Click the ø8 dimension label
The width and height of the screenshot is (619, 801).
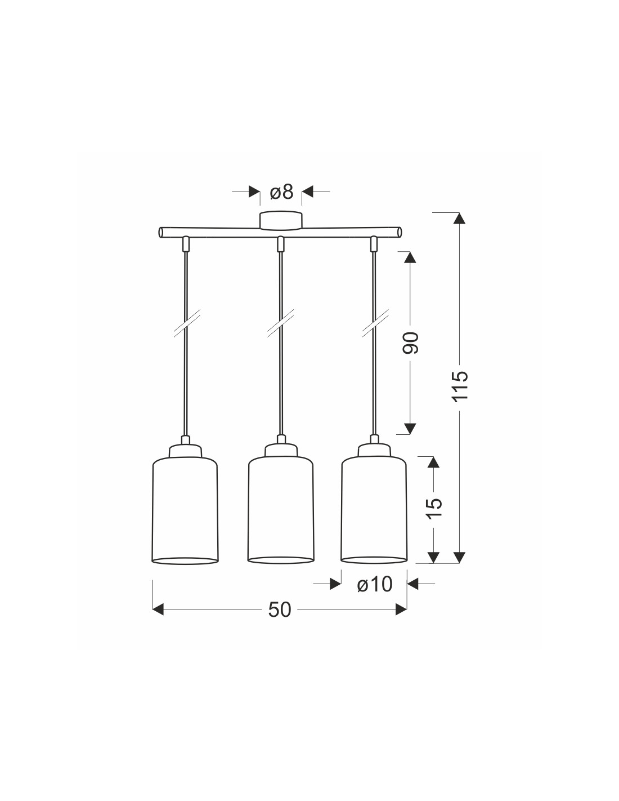click(281, 192)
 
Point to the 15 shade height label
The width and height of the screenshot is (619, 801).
click(434, 508)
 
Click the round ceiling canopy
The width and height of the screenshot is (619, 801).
click(281, 220)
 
